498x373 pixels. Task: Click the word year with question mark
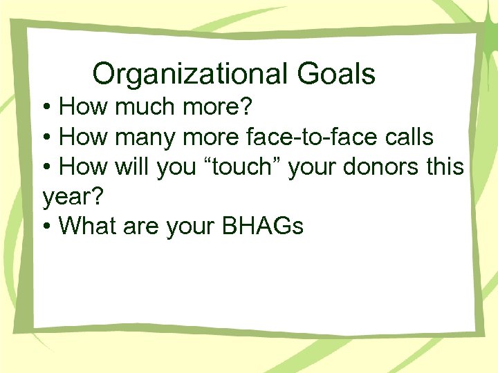[x=72, y=197]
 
